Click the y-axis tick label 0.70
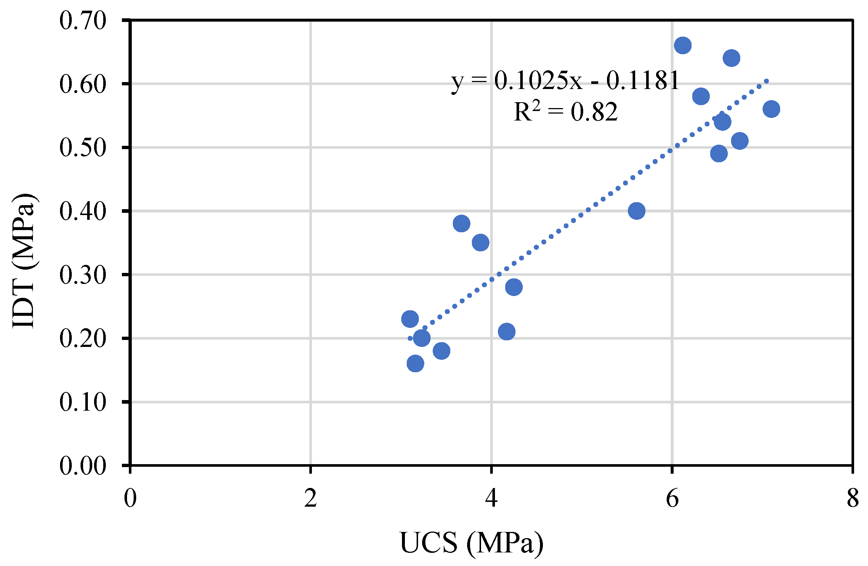(x=83, y=21)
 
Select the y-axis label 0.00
(x=83, y=466)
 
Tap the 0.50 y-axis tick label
(x=83, y=148)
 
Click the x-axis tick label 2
(x=310, y=499)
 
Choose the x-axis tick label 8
(x=853, y=499)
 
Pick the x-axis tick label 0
(x=130, y=499)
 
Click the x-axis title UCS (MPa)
(x=472, y=543)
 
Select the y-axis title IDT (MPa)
(x=24, y=261)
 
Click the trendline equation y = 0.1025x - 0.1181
(x=565, y=81)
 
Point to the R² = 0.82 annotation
(x=566, y=111)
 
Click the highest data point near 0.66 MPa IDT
(x=682, y=45)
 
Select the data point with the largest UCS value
(x=771, y=109)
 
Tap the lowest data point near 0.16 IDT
(x=415, y=363)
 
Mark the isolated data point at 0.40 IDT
(x=636, y=211)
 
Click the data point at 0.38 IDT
(x=461, y=223)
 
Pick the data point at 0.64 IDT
(x=731, y=58)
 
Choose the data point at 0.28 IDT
(x=514, y=287)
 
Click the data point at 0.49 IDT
(x=719, y=153)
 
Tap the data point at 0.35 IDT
(x=480, y=243)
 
